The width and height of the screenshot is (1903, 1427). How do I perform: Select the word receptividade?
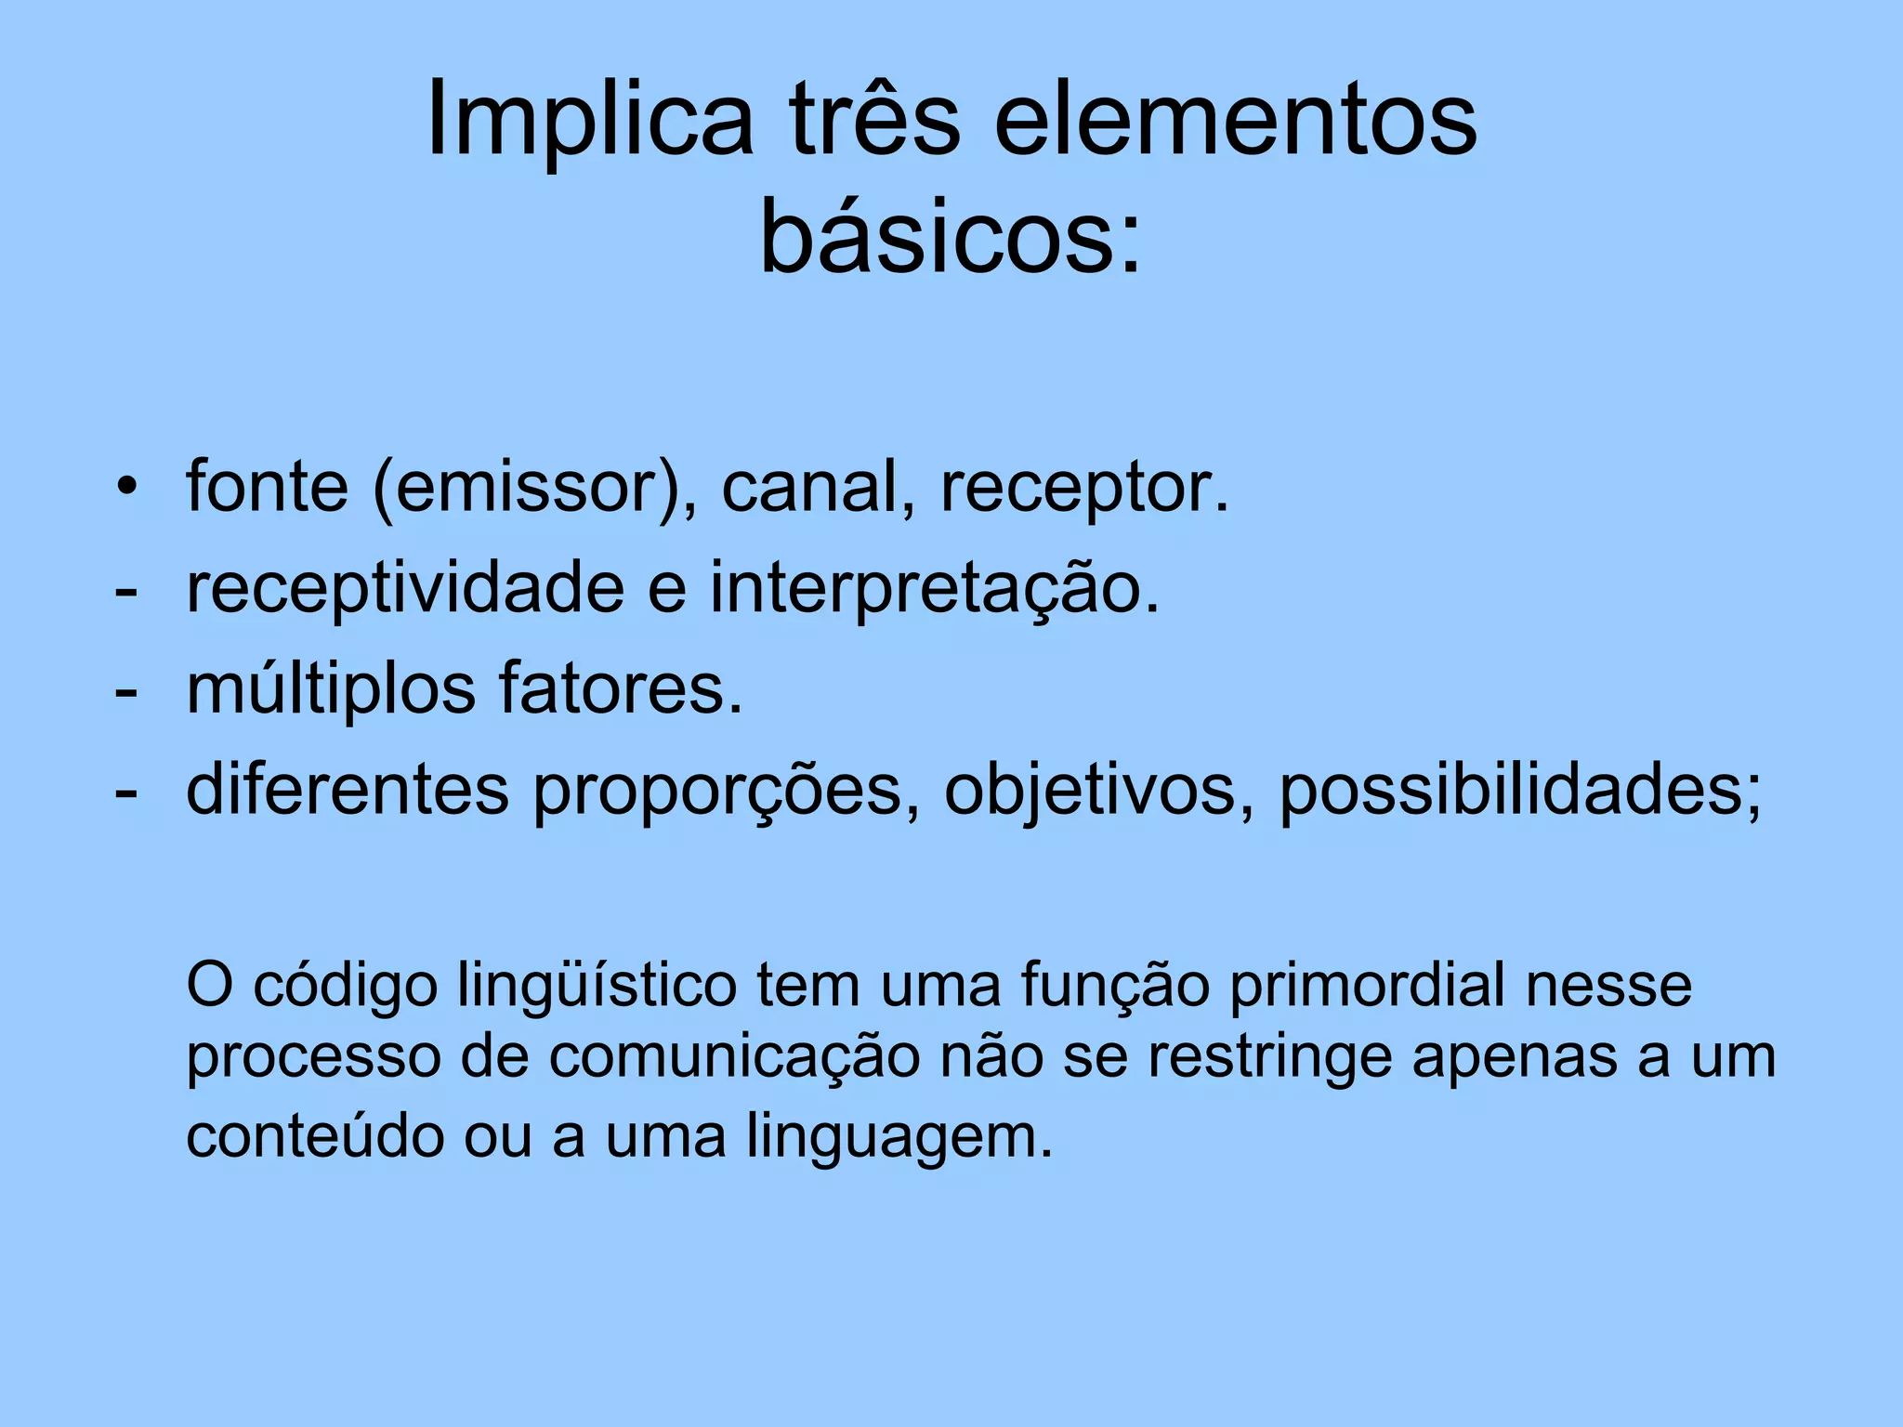pos(405,590)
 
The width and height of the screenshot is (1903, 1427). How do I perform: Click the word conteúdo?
pos(315,1135)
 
